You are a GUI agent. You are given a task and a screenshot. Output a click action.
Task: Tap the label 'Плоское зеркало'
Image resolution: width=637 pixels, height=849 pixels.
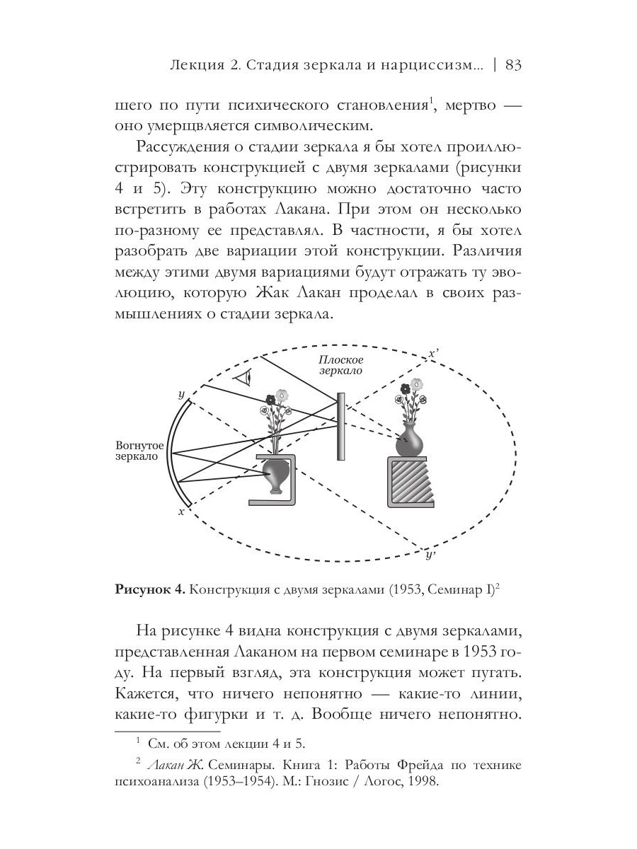[x=340, y=365]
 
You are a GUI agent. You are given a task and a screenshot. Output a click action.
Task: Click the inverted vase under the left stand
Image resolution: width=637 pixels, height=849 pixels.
[x=275, y=475]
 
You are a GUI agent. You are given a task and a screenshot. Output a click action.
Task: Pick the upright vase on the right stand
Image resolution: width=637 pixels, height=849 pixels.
[x=409, y=440]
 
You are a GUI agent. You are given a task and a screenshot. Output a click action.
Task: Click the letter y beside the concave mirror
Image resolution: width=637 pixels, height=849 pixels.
[x=182, y=393]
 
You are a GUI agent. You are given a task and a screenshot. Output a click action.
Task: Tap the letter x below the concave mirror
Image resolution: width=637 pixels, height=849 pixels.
[x=181, y=511]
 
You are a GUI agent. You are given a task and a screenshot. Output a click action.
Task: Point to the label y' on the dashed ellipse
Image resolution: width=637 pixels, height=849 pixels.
[x=430, y=555]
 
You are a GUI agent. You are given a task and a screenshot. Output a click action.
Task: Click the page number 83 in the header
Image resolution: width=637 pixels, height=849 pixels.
[x=514, y=65]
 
